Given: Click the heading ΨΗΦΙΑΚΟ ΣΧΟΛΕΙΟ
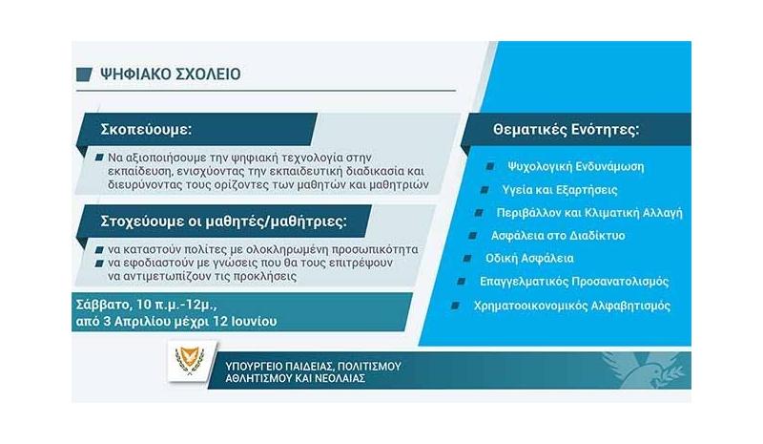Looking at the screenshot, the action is coord(171,74).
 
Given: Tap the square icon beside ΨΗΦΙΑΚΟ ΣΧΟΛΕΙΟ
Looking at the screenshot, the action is coord(84,74).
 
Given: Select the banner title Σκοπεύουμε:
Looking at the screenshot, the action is coord(146,130).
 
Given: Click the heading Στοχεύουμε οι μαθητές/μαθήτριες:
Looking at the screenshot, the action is coord(224,222).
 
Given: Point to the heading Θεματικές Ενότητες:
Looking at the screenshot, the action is coord(566,130).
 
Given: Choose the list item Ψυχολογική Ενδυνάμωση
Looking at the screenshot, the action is coord(576,167).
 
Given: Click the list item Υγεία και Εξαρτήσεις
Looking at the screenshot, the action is coord(560,190).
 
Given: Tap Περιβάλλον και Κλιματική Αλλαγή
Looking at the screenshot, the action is coord(589,213).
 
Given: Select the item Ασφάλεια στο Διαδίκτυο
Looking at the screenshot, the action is coord(558,236).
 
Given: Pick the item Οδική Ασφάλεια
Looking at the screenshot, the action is coord(529,259).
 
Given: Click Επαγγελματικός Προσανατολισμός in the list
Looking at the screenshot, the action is coord(574,282).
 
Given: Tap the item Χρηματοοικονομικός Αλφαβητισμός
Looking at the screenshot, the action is coord(572,307).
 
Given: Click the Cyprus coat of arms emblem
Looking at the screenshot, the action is coord(190,361).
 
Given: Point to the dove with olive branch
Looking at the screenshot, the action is coord(642,370).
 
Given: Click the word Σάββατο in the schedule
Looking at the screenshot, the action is coord(101,305).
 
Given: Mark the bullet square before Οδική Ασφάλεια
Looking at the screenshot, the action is coord(467,259).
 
